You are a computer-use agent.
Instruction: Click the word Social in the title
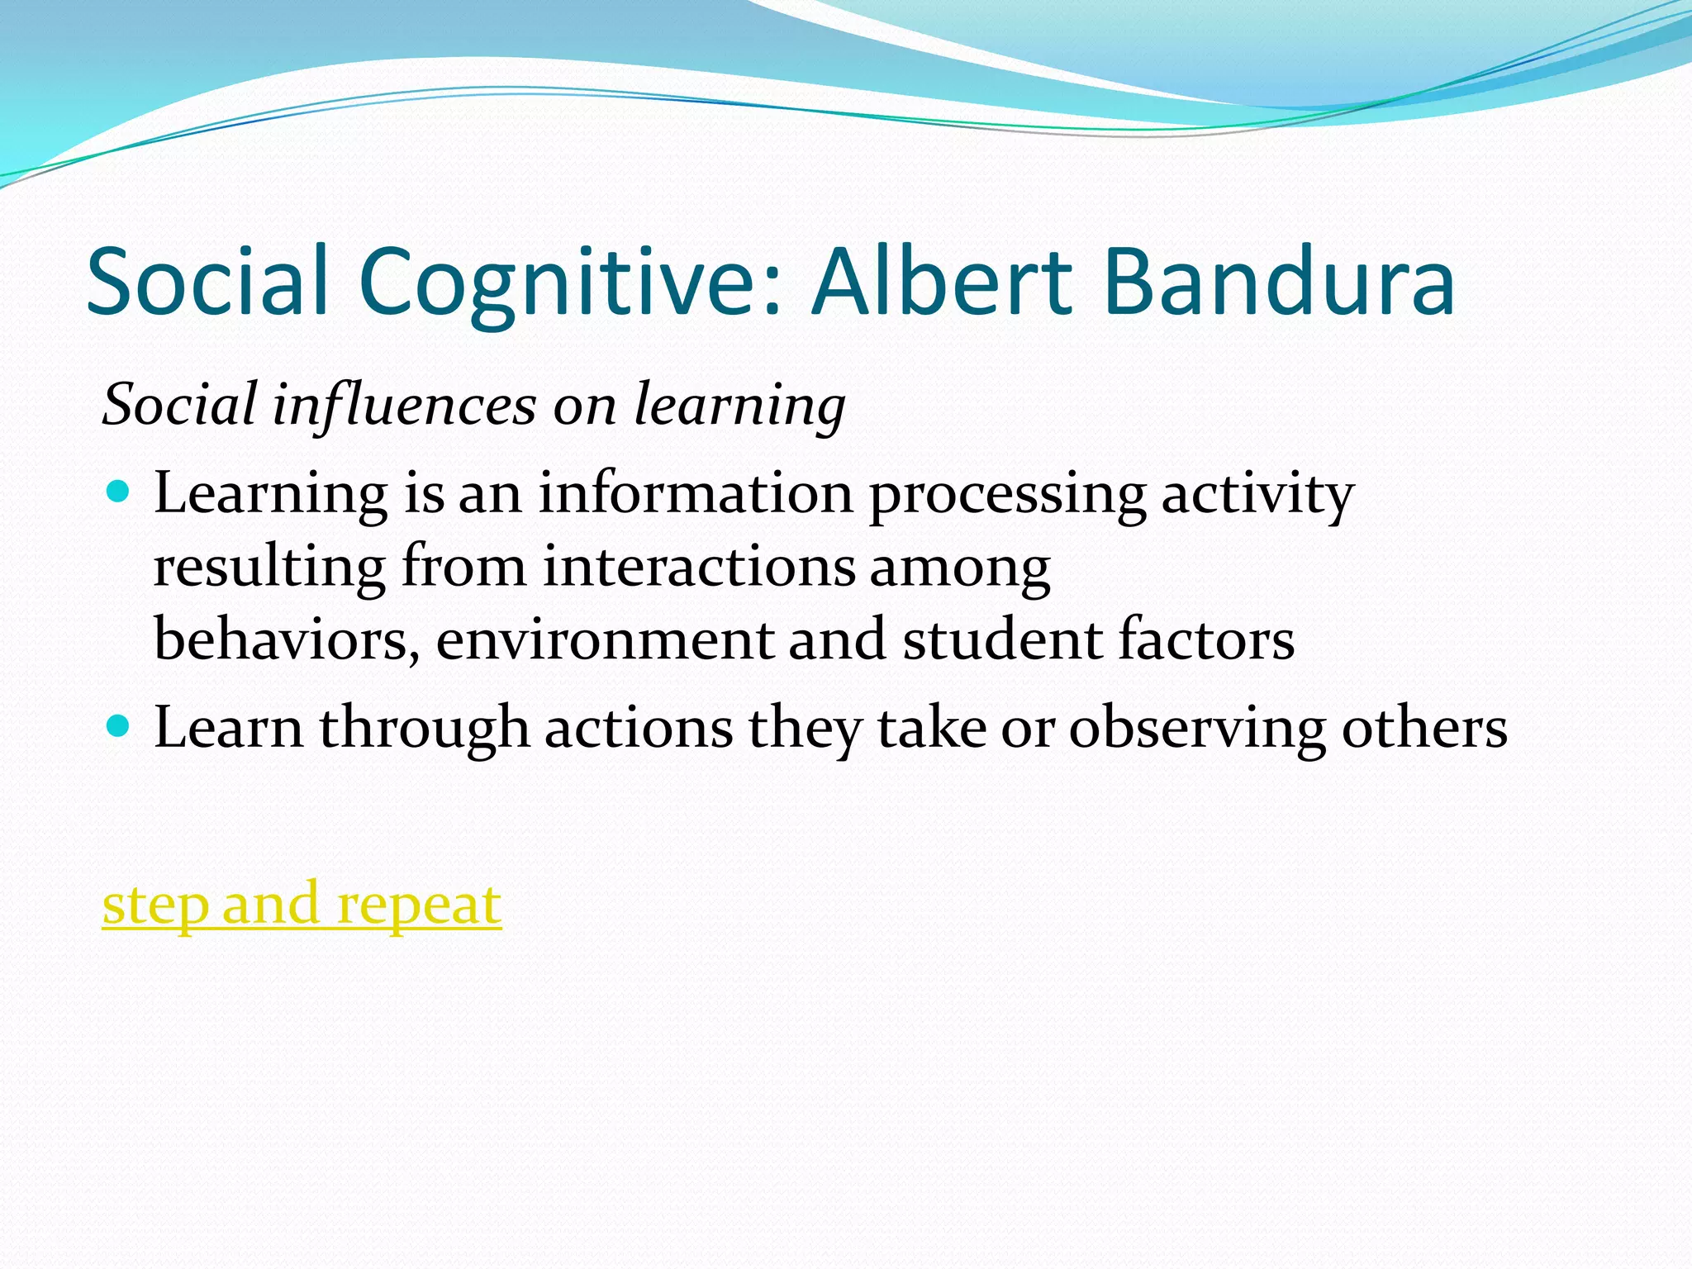click(x=208, y=281)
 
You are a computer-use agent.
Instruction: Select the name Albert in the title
click(x=942, y=281)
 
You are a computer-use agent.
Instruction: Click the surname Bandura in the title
click(x=1278, y=281)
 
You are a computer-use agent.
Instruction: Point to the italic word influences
click(x=405, y=405)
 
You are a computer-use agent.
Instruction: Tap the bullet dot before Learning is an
click(x=119, y=492)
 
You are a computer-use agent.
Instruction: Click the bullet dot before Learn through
click(x=119, y=727)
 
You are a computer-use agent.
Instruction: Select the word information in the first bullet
click(x=696, y=493)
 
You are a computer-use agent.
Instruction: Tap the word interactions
click(x=699, y=568)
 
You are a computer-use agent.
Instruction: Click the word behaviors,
click(x=286, y=640)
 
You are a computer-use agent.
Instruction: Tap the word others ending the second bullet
click(x=1424, y=729)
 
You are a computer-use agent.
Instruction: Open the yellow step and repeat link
click(x=302, y=905)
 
